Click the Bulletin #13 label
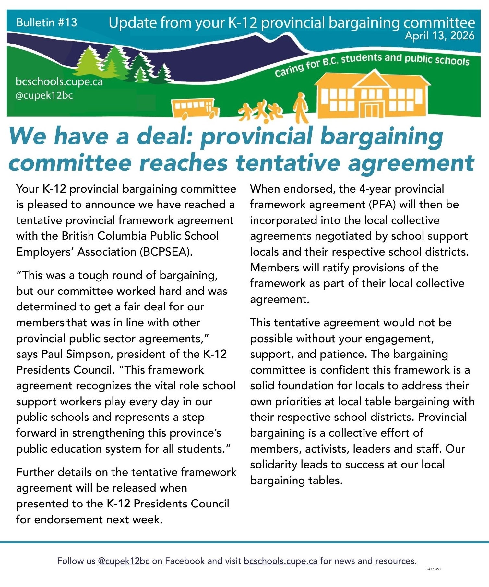(46, 22)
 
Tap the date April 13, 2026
(439, 36)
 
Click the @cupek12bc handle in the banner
(44, 95)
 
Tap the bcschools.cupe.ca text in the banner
(59, 81)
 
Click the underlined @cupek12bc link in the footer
(124, 561)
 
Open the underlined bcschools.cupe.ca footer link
(280, 561)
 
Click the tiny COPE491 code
(434, 569)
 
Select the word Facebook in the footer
(185, 561)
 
